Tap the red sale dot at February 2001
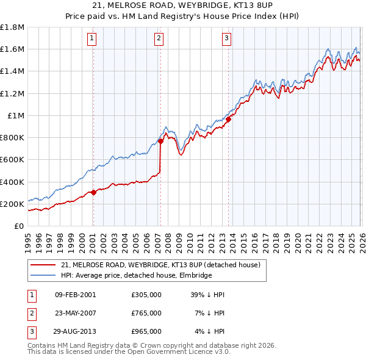pyautogui.click(x=93, y=192)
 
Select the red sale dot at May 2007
pyautogui.click(x=160, y=141)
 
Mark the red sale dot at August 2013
pyautogui.click(x=229, y=120)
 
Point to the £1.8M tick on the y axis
pyautogui.click(x=12, y=27)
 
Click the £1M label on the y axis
pyautogui.click(x=16, y=115)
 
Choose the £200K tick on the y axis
pyautogui.click(x=12, y=204)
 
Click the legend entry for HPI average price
pyautogui.click(x=135, y=275)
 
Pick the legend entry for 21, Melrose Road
pyautogui.click(x=160, y=265)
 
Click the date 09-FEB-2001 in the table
pyautogui.click(x=75, y=295)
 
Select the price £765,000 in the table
pyautogui.click(x=146, y=313)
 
